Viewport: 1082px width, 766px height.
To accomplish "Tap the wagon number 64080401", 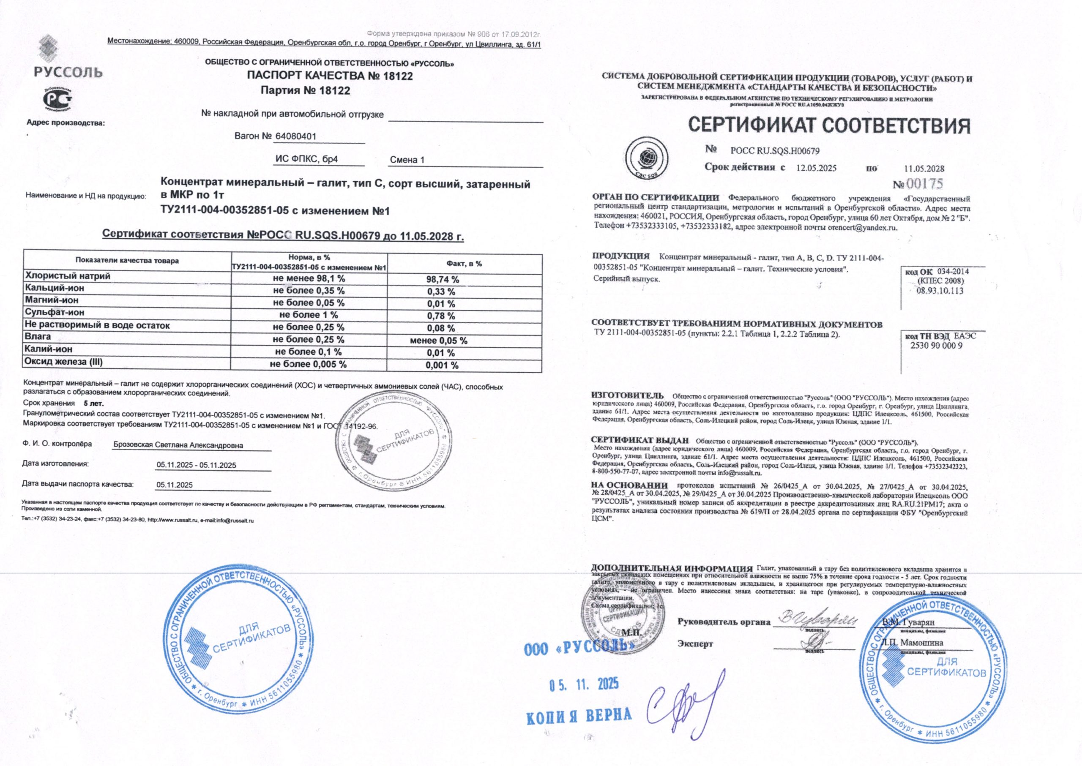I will [295, 136].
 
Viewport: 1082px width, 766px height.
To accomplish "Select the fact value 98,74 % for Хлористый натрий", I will [443, 280].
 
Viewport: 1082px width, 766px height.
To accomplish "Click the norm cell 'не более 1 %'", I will [309, 315].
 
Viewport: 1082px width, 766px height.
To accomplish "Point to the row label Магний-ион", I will [52, 300].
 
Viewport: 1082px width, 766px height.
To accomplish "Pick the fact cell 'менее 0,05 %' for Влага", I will [439, 341].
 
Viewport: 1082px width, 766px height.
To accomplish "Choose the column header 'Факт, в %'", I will [464, 264].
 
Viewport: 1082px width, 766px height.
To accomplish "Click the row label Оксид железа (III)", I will [64, 362].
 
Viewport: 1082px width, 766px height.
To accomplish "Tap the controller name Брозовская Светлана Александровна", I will [178, 445].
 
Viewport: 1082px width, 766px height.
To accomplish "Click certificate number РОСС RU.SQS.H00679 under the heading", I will [775, 151].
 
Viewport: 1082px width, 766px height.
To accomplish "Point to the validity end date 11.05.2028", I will [924, 169].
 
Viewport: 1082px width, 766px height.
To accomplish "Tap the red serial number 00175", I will [924, 184].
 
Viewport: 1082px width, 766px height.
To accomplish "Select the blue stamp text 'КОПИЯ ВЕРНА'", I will [579, 716].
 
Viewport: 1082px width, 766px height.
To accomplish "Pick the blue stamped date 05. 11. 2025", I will [584, 684].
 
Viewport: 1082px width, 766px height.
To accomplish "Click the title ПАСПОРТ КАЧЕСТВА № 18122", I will [330, 76].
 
